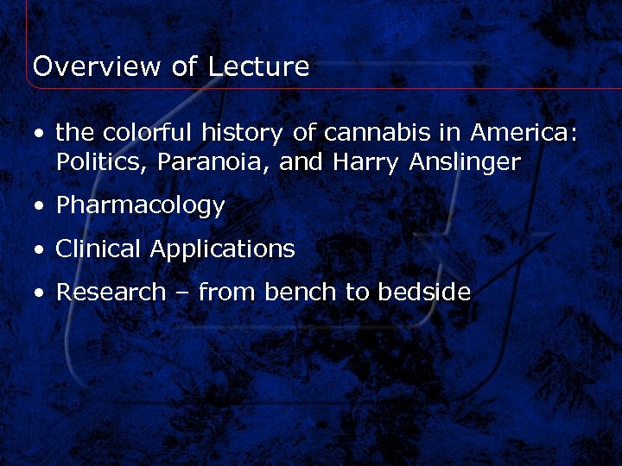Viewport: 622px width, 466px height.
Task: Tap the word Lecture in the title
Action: coord(258,66)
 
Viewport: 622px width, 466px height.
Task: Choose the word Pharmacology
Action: coord(140,206)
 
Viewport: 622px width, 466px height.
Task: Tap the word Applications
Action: coord(222,250)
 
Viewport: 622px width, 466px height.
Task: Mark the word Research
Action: coord(110,293)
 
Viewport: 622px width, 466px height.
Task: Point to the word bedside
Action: coord(423,293)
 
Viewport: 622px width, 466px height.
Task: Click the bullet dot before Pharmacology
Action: coord(40,207)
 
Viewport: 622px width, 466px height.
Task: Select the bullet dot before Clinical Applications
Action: coord(40,250)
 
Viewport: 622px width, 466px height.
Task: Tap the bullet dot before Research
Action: coord(40,293)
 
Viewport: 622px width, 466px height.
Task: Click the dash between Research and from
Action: coord(181,293)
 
